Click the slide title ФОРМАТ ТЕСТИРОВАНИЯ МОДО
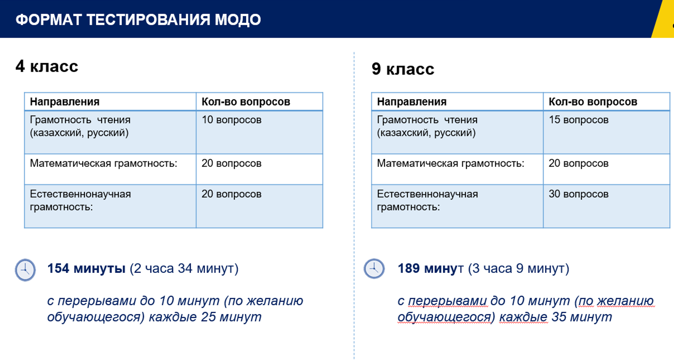[138, 19]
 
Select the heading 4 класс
[47, 66]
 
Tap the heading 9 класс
[402, 69]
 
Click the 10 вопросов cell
[231, 120]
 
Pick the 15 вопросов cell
[578, 120]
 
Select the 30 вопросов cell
[578, 194]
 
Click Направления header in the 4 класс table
[65, 102]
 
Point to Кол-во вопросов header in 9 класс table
[593, 102]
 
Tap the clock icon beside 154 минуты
[25, 270]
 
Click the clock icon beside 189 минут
[374, 269]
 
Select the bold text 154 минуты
[86, 268]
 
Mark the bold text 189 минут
[430, 268]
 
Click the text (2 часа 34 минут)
[184, 268]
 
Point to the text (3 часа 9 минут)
[519, 268]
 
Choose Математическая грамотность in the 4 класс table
[103, 163]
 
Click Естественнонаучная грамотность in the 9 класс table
[427, 200]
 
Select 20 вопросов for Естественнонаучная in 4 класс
[231, 194]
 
